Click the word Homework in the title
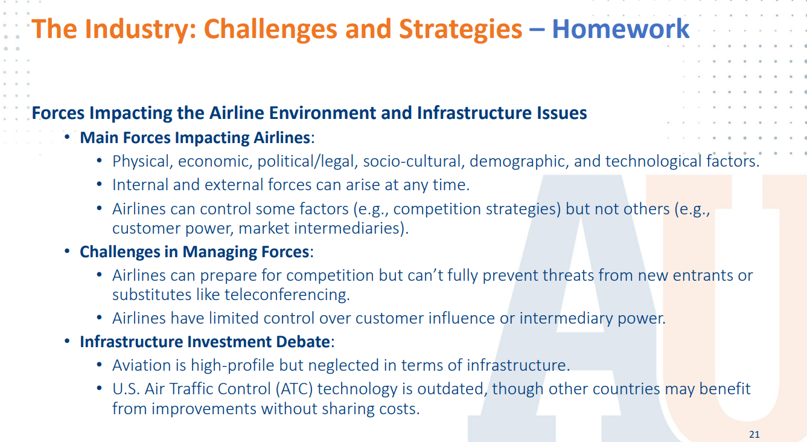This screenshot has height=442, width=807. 620,28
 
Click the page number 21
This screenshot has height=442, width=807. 754,434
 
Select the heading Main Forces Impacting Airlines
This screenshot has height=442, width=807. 195,138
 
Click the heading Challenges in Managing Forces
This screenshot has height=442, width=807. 194,252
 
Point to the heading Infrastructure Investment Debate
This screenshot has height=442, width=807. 205,342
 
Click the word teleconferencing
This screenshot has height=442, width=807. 287,295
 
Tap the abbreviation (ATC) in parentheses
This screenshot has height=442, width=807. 295,389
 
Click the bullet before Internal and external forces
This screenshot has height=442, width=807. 100,185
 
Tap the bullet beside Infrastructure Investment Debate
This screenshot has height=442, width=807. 67,341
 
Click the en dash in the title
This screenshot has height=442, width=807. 537,30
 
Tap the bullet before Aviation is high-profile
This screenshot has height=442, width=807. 100,365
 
